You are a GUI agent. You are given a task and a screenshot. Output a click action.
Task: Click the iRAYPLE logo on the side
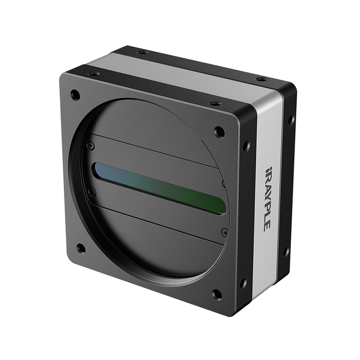(x=266, y=199)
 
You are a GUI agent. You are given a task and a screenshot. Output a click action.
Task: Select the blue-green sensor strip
(x=159, y=188)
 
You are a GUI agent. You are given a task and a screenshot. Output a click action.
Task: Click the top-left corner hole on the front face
(x=75, y=94)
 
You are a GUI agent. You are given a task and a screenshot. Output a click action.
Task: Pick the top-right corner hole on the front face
(x=219, y=131)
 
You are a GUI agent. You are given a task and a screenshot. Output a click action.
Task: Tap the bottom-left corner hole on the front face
(x=81, y=248)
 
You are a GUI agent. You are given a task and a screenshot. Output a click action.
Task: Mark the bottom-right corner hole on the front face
(x=217, y=294)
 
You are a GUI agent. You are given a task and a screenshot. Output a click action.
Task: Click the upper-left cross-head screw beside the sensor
(x=91, y=145)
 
